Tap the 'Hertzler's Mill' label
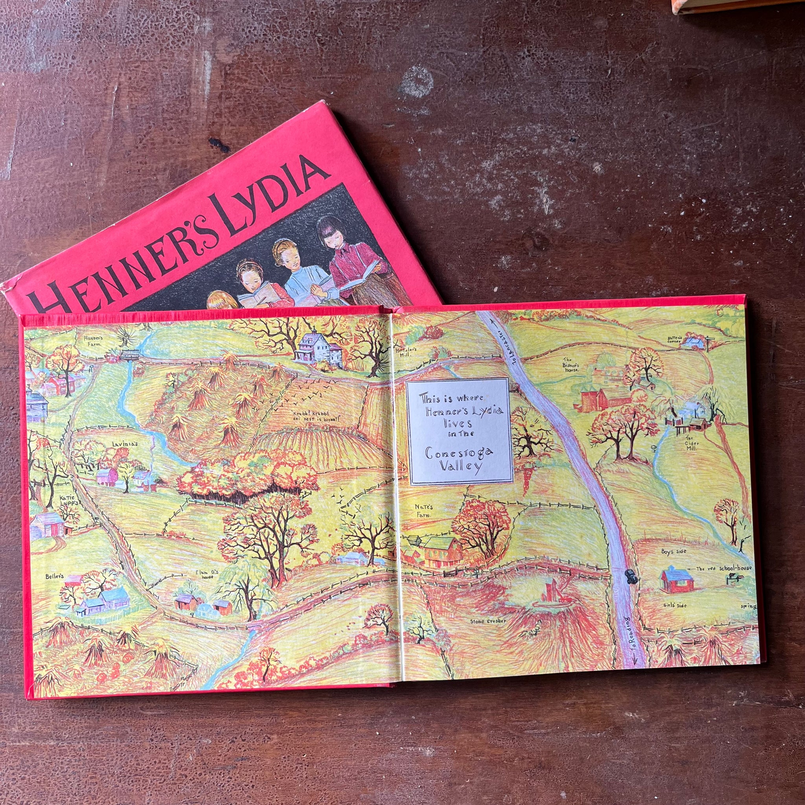pyautogui.click(x=403, y=352)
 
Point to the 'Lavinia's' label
pyautogui.click(x=125, y=445)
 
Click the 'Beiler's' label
pyautogui.click(x=55, y=577)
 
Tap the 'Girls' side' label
pyautogui.click(x=675, y=605)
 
